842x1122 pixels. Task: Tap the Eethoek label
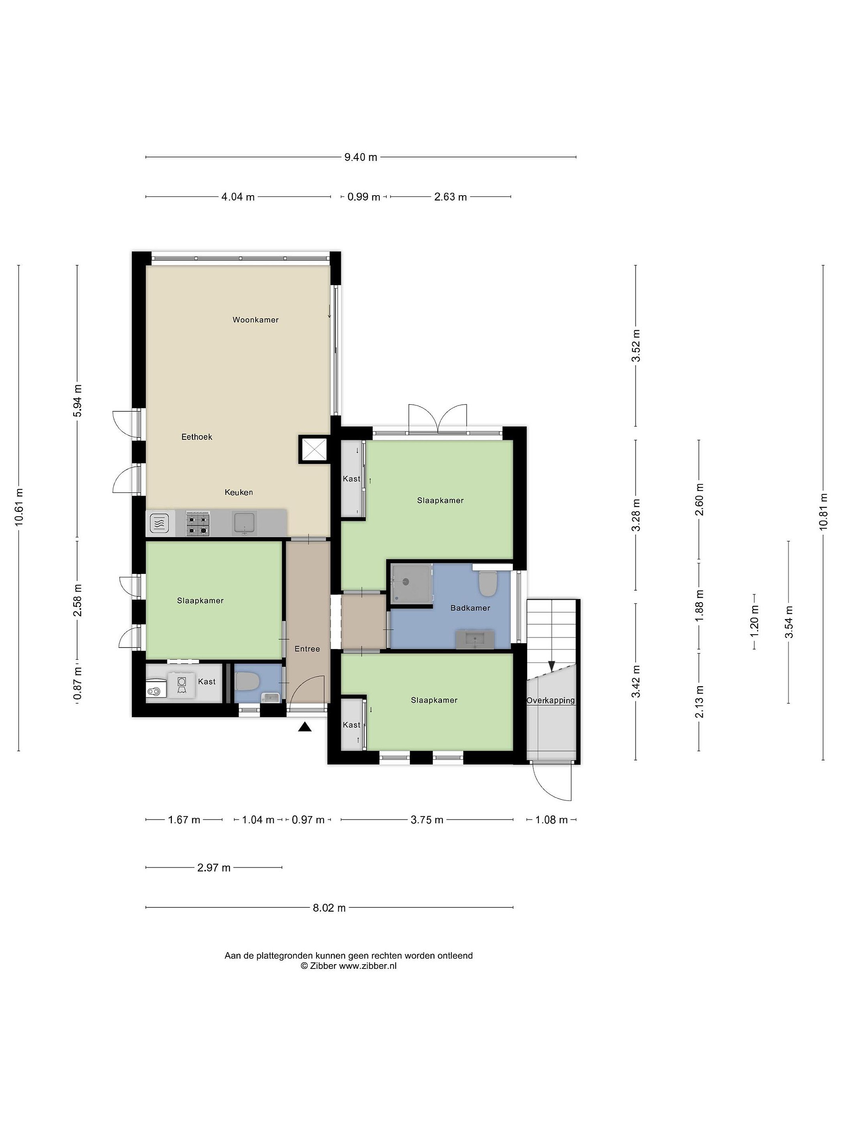point(197,437)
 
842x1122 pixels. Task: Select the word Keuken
point(239,492)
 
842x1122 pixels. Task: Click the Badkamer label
point(470,608)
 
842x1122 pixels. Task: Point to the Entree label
point(307,649)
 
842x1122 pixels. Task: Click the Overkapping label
point(551,700)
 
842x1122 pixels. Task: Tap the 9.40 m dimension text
point(361,157)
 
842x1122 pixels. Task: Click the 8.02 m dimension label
point(329,908)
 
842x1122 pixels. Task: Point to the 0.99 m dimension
point(363,197)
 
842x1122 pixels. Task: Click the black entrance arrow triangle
point(304,727)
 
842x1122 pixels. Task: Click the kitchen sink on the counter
point(245,523)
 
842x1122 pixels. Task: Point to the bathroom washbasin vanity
point(474,639)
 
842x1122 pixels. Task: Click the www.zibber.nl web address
point(368,966)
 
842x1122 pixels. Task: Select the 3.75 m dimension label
point(427,820)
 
